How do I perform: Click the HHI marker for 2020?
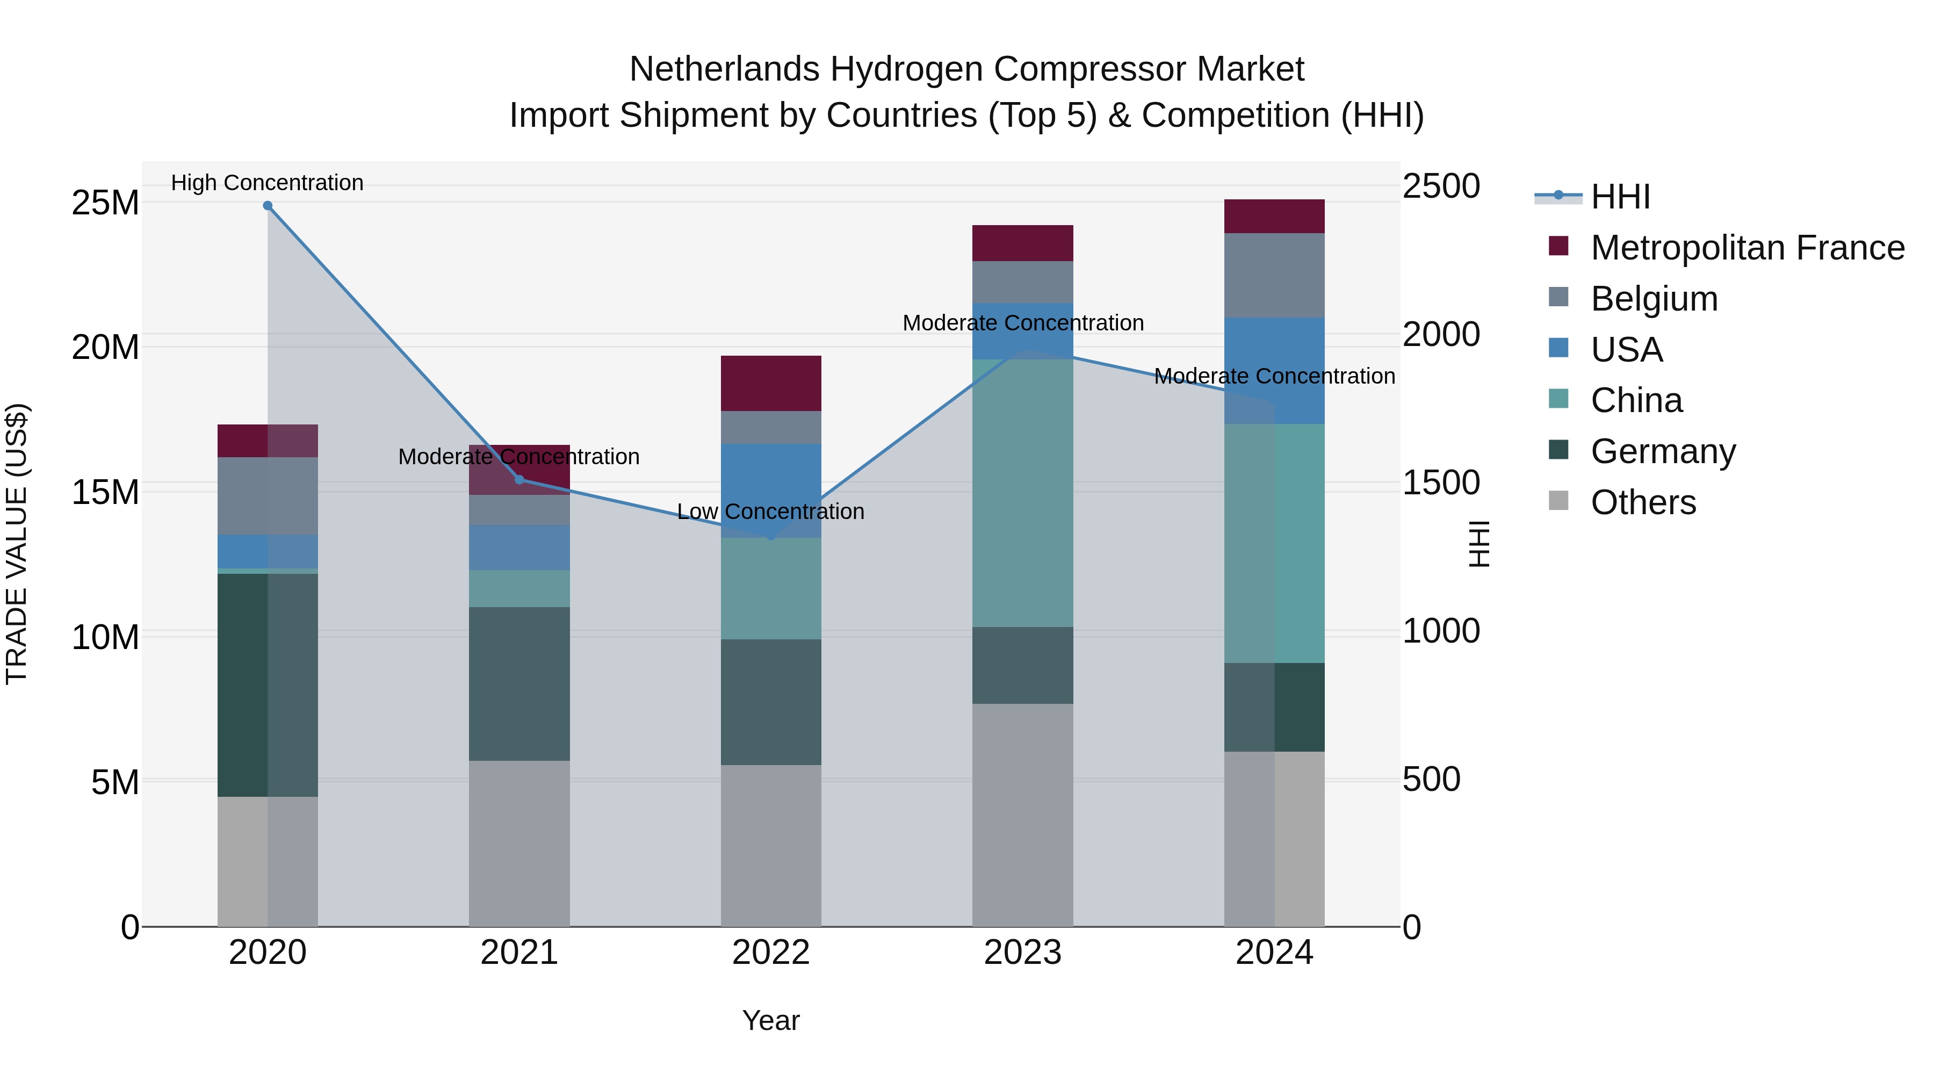click(268, 206)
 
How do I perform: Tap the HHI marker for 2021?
click(519, 479)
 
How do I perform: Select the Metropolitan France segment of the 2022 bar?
click(770, 383)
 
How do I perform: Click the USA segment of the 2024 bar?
click(1274, 370)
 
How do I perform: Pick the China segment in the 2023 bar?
click(1022, 493)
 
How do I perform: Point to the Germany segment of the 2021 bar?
click(519, 683)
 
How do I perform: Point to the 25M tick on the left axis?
click(105, 203)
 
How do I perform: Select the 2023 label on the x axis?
click(1022, 953)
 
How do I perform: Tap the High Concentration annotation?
click(268, 183)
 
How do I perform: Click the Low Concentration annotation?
click(770, 511)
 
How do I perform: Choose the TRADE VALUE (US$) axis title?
click(17, 544)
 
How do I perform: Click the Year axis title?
click(770, 1020)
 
